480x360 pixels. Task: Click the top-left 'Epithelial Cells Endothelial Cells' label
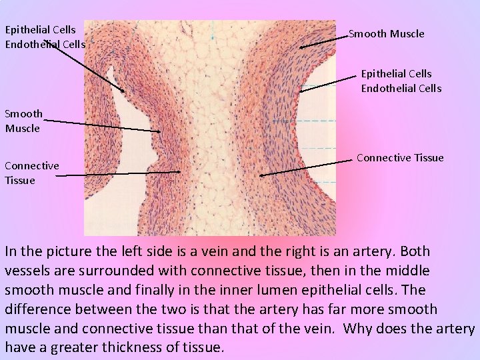[x=45, y=37]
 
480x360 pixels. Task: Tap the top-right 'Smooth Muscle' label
[x=387, y=33]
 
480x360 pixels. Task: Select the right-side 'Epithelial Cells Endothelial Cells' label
[x=401, y=81]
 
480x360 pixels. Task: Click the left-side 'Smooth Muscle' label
[x=24, y=121]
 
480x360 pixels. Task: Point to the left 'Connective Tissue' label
[x=31, y=173]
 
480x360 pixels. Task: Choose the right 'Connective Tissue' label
[x=400, y=157]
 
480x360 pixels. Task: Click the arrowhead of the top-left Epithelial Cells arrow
[x=123, y=91]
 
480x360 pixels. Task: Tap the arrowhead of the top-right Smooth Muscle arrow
[x=301, y=48]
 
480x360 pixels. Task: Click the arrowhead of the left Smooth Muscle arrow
[x=159, y=131]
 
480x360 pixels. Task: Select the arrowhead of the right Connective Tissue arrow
[x=261, y=176]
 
